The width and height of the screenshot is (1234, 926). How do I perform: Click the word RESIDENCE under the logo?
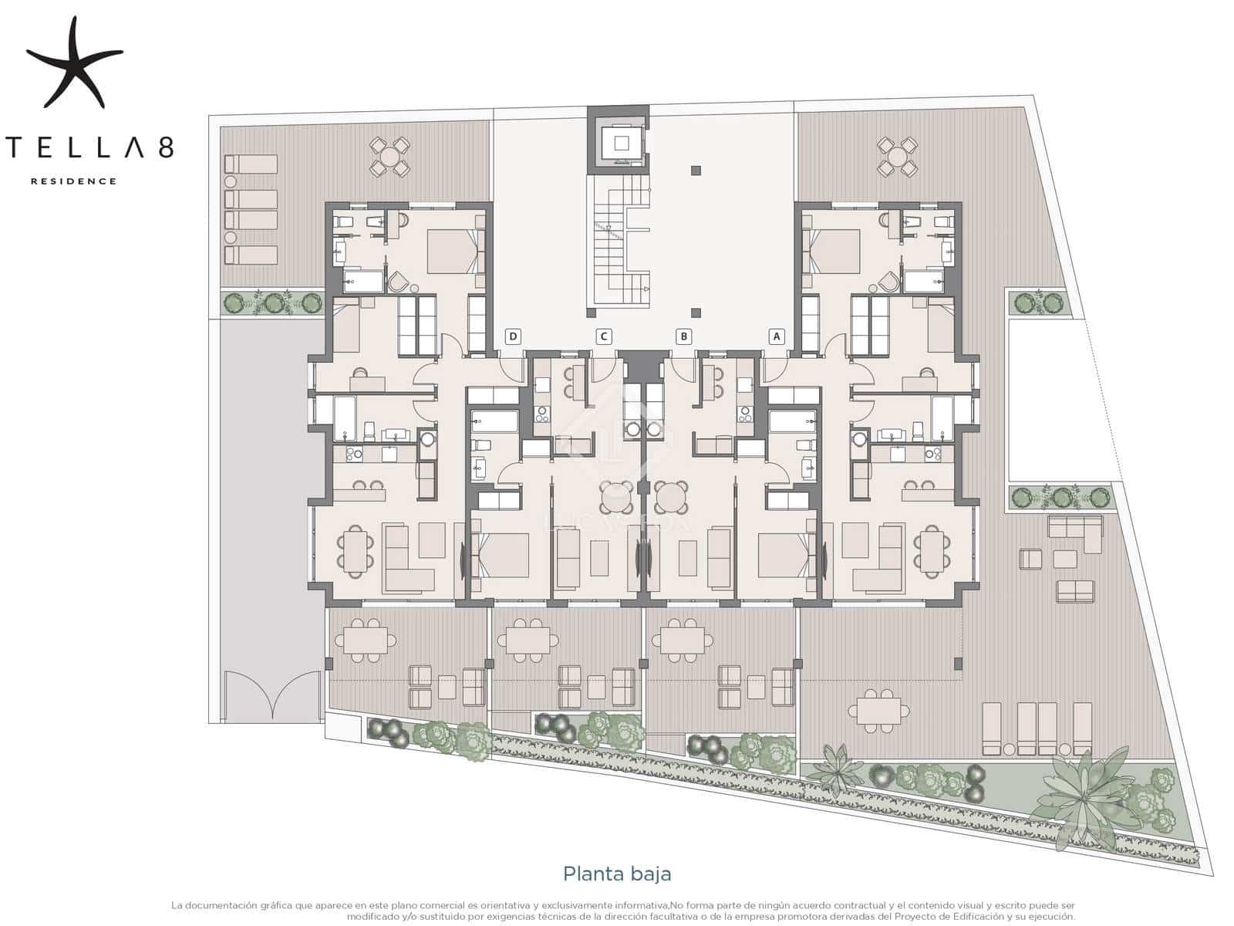pyautogui.click(x=73, y=181)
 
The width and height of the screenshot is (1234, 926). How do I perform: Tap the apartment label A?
pyautogui.click(x=777, y=336)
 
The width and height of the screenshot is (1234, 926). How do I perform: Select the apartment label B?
pyautogui.click(x=683, y=336)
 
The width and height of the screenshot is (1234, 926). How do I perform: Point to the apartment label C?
pyautogui.click(x=605, y=336)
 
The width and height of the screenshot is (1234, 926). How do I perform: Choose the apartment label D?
pyautogui.click(x=513, y=336)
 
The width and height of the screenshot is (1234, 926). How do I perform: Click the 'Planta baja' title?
pyautogui.click(x=617, y=874)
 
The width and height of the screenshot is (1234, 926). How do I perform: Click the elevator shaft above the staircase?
pyautogui.click(x=619, y=141)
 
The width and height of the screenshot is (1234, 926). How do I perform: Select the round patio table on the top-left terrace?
pyautogui.click(x=391, y=157)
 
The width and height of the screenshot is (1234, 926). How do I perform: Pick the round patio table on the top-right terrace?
pyautogui.click(x=897, y=157)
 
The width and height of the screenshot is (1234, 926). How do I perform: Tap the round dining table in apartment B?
pyautogui.click(x=671, y=498)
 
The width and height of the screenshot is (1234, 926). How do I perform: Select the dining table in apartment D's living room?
pyautogui.click(x=356, y=550)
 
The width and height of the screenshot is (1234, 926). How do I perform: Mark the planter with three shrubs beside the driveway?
pyautogui.click(x=272, y=302)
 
